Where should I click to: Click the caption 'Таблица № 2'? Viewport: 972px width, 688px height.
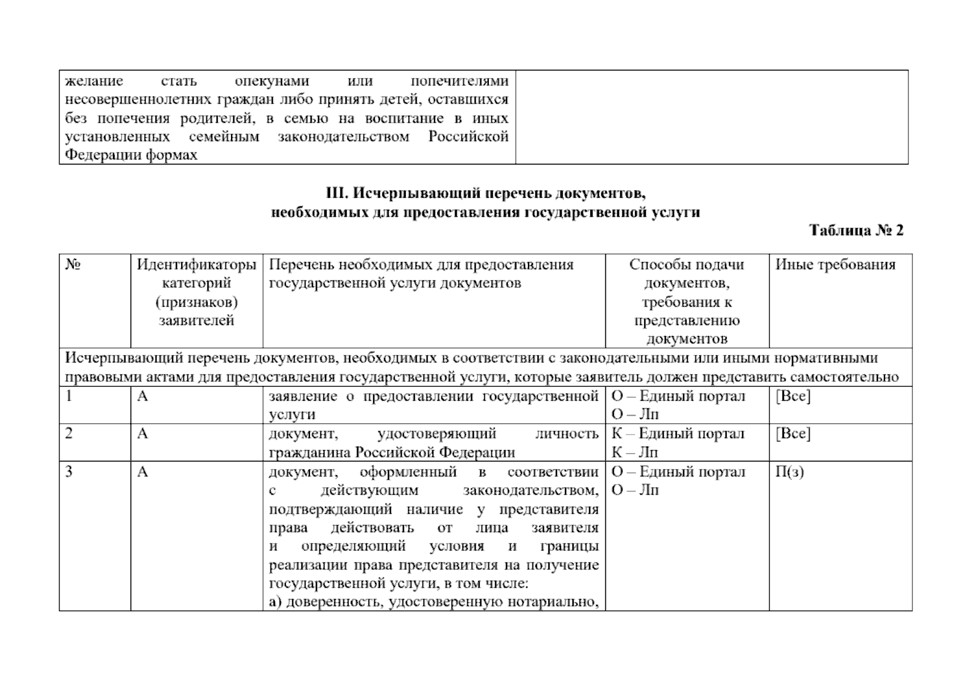[856, 230]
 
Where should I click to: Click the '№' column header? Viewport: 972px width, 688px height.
[72, 265]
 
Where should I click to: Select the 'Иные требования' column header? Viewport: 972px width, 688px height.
[835, 265]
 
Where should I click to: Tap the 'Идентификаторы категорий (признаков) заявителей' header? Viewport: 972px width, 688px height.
[197, 292]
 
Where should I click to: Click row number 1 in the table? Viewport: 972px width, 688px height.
[69, 396]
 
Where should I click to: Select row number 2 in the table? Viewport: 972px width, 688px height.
[69, 433]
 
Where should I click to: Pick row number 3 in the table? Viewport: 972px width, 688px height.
[69, 472]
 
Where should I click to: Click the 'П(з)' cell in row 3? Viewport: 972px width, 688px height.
[789, 472]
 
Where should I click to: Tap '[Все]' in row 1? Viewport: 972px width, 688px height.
[793, 396]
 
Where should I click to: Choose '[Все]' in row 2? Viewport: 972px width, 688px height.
[793, 433]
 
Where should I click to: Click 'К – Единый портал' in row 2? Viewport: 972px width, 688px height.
[678, 433]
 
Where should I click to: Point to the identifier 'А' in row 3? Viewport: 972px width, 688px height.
[142, 472]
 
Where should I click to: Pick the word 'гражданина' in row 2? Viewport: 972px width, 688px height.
[309, 452]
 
